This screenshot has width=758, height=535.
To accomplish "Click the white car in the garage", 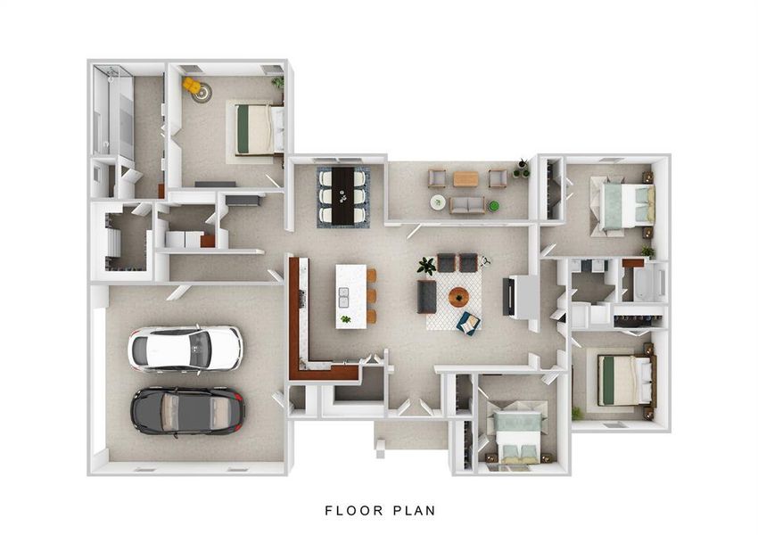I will [x=185, y=348].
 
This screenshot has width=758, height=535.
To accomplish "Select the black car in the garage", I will [x=187, y=410].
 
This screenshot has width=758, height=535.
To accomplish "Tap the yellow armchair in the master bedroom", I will [x=191, y=85].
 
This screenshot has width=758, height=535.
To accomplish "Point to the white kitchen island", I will [x=350, y=295].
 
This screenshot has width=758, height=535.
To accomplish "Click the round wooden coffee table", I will [x=458, y=297].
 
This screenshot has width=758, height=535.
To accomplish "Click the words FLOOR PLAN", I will [x=379, y=511].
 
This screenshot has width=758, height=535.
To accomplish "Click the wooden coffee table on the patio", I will [x=466, y=179].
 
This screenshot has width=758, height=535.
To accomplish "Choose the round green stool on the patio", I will [x=438, y=202].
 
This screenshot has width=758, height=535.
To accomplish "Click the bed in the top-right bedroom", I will [x=624, y=204].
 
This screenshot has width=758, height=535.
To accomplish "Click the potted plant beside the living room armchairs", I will [x=426, y=266].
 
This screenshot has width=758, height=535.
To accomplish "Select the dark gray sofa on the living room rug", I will [x=426, y=296].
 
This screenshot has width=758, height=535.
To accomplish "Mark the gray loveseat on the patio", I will [x=466, y=206].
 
